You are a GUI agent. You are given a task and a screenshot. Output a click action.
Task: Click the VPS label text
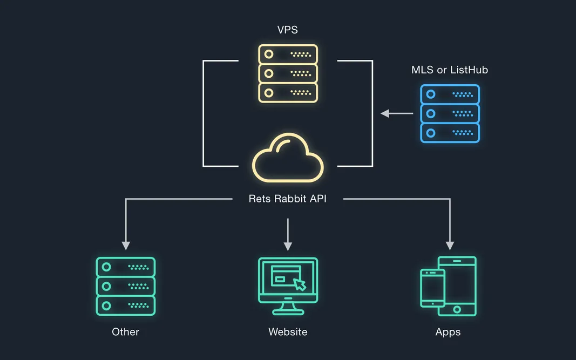[288, 30]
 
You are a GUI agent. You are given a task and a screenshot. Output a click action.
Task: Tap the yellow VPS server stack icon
[288, 73]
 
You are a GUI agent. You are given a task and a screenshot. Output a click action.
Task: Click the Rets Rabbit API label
[288, 199]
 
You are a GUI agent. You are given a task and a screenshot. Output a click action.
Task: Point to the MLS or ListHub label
[450, 70]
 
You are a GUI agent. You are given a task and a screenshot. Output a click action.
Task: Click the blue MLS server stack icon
[450, 113]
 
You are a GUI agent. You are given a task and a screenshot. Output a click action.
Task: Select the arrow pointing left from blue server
[397, 113]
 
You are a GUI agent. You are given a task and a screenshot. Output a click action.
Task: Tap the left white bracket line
[204, 113]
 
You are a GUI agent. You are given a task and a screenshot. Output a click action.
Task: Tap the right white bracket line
[372, 113]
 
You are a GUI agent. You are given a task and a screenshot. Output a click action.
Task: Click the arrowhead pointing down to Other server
[126, 245]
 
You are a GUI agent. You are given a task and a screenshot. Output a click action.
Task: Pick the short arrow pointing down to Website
[288, 234]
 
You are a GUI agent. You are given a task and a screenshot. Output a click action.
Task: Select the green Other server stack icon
[126, 286]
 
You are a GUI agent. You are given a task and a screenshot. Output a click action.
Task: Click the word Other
[126, 331]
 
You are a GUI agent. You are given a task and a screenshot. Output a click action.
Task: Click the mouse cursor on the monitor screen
[300, 284]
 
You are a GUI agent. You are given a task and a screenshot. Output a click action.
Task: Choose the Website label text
[288, 331]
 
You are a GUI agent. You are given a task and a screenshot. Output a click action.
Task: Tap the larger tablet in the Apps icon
[457, 286]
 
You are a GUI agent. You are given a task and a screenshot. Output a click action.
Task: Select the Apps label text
[448, 331]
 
